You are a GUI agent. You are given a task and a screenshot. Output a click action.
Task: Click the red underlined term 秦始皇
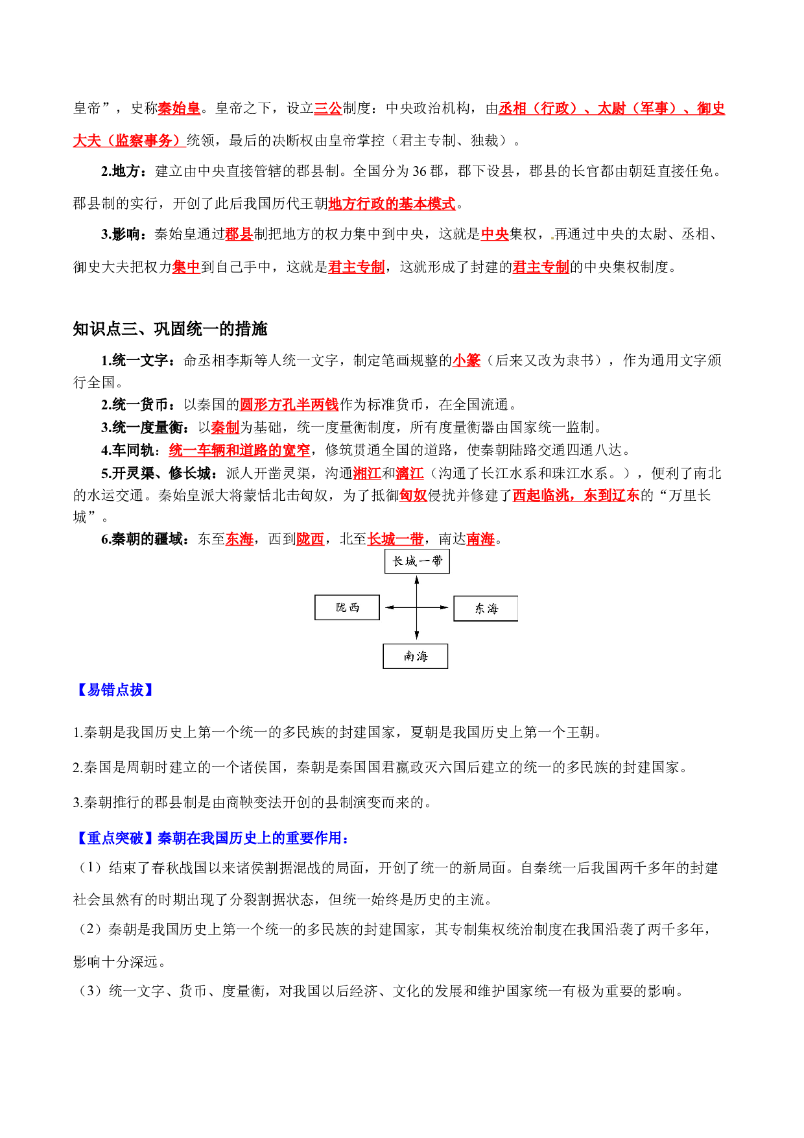tap(179, 108)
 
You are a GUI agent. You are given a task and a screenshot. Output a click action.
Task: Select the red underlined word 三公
tap(328, 108)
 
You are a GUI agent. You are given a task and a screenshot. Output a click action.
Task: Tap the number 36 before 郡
tap(420, 171)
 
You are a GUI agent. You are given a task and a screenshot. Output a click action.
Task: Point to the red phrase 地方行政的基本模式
tap(392, 204)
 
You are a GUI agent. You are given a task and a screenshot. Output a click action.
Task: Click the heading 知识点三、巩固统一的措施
tap(170, 329)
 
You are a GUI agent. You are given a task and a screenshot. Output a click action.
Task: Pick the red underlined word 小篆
tap(467, 360)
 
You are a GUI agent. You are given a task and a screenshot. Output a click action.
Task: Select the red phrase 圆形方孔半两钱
tap(289, 405)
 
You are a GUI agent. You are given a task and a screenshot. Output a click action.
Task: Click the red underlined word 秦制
tap(226, 428)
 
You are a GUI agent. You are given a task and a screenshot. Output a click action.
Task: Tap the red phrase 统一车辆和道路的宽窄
tap(239, 450)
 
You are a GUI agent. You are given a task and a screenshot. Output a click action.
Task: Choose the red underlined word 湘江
tap(367, 474)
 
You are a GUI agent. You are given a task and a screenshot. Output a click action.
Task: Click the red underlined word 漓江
tap(410, 474)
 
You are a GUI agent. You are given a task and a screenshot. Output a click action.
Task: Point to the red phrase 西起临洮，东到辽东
tap(576, 496)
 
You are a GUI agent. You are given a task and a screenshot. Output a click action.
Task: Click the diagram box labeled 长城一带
tap(417, 561)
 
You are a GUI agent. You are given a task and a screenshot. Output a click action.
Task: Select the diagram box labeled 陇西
tap(348, 608)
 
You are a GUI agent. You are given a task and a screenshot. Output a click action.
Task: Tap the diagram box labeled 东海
tap(486, 609)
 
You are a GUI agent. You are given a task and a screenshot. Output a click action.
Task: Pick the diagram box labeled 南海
tap(416, 657)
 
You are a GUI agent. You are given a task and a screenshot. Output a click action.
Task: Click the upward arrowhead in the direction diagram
tap(417, 581)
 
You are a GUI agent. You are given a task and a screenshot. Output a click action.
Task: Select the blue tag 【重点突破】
tap(115, 838)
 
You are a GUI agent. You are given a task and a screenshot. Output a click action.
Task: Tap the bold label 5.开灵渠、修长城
tap(156, 474)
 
